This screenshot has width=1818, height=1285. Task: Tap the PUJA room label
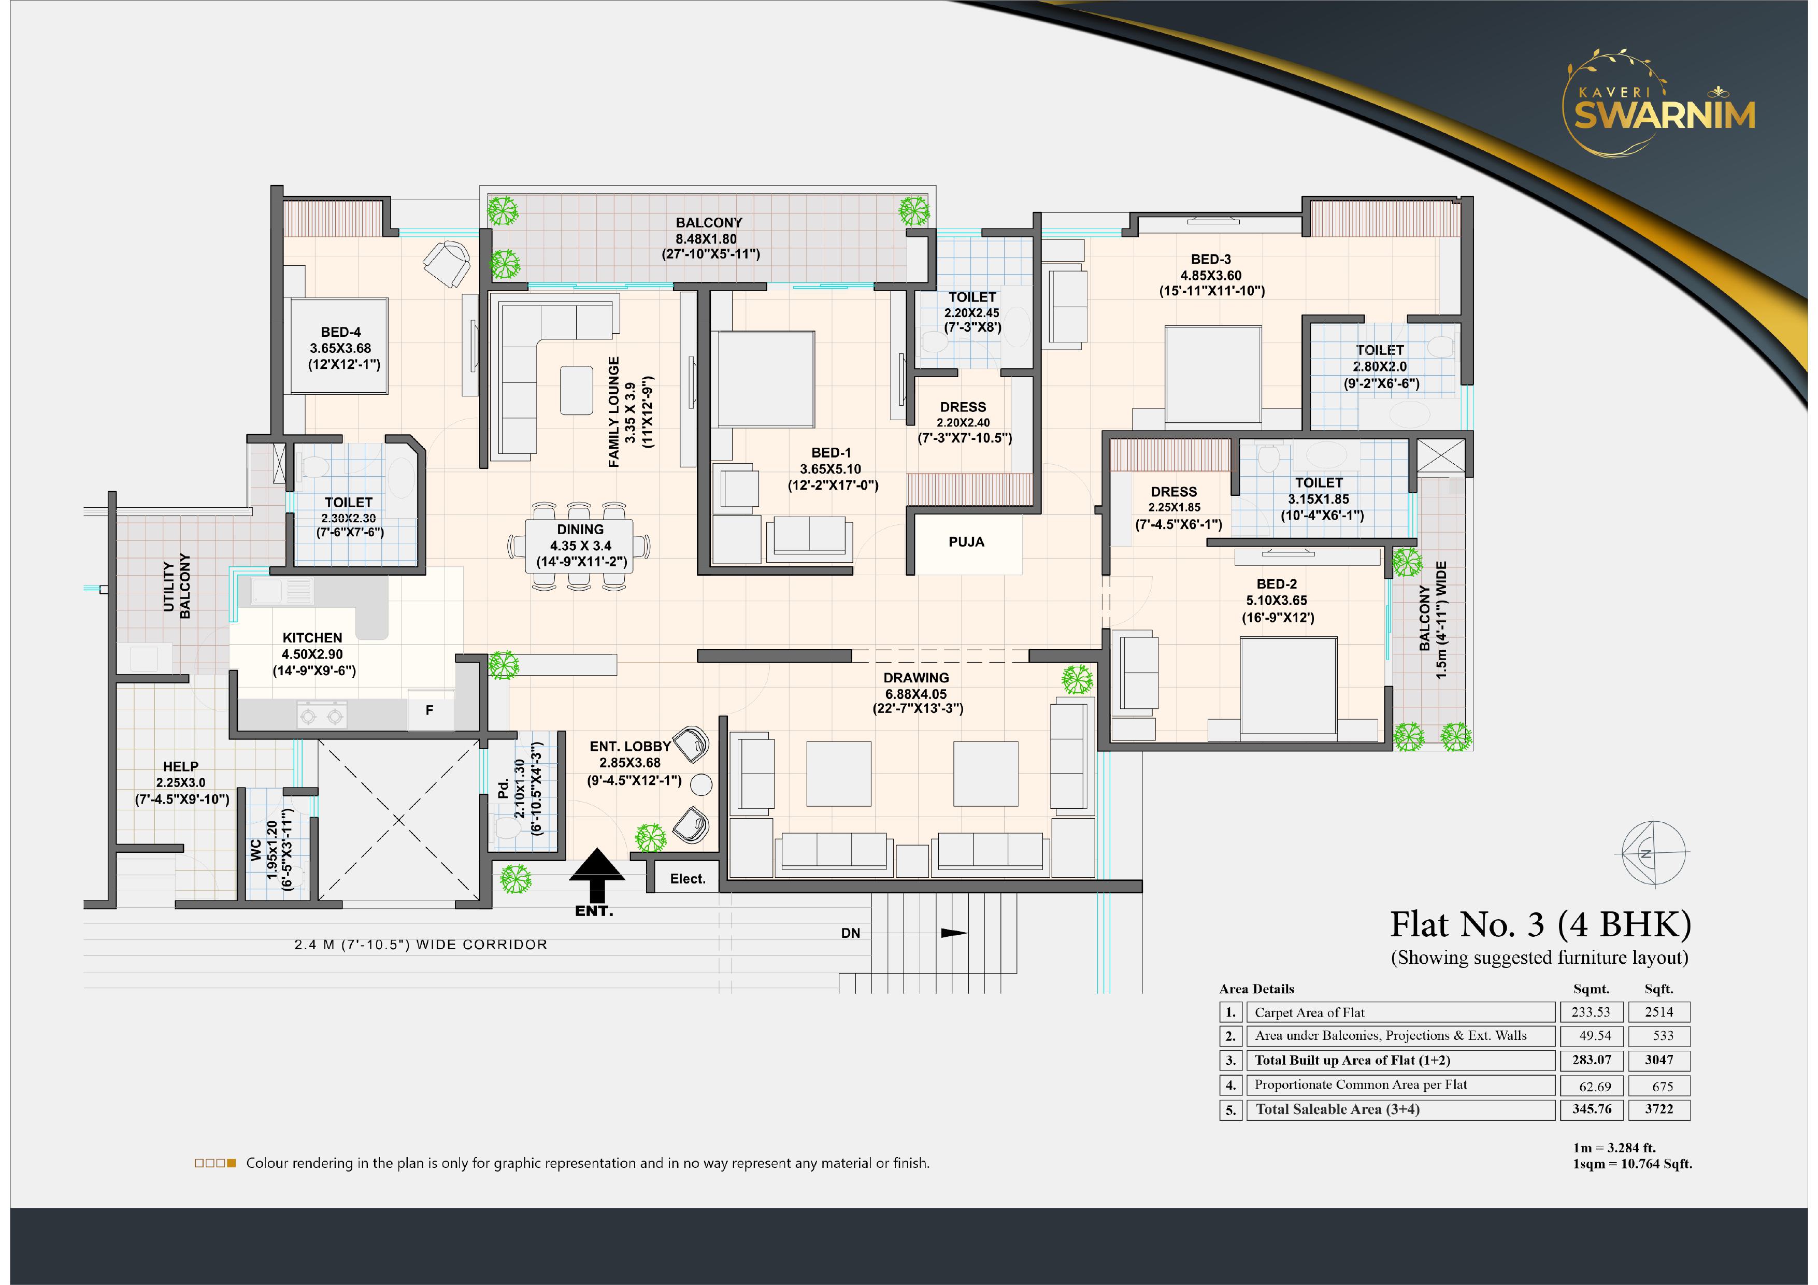coord(966,542)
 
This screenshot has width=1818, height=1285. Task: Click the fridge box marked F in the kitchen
coord(430,710)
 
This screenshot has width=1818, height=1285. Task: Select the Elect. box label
coord(688,879)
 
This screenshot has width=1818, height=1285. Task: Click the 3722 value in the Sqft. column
coord(1659,1109)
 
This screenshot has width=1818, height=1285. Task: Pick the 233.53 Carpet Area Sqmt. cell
coord(1592,1012)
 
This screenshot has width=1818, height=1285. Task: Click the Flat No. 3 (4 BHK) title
coord(1541,925)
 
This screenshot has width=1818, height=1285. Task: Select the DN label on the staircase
coord(850,934)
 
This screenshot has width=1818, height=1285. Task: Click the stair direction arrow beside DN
coord(954,934)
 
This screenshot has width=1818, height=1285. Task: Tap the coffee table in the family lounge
coord(577,390)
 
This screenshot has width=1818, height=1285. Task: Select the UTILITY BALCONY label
coord(177,587)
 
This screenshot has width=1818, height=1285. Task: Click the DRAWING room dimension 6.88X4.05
coord(916,694)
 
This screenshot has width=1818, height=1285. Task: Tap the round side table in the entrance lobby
coord(702,784)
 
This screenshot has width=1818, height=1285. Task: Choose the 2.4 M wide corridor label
coord(421,945)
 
